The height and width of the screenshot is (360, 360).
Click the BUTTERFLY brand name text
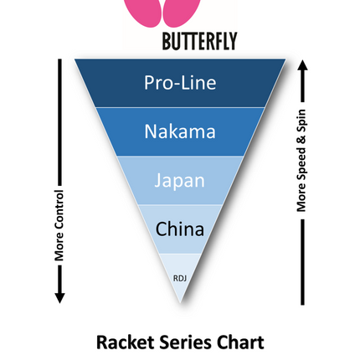pyautogui.click(x=199, y=41)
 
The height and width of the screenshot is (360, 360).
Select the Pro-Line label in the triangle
pyautogui.click(x=180, y=83)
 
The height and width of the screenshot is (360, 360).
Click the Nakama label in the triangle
pyautogui.click(x=180, y=131)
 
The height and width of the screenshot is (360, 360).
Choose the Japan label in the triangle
pyautogui.click(x=180, y=181)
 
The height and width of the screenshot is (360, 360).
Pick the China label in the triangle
pyautogui.click(x=180, y=229)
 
